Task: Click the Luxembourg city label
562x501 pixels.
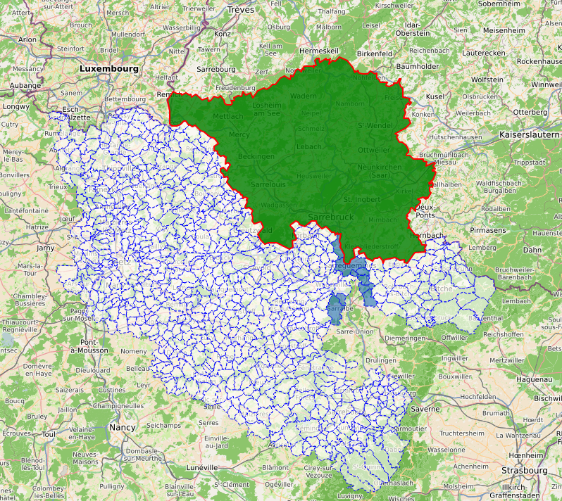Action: (x=109, y=69)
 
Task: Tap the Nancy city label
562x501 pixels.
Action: (x=123, y=427)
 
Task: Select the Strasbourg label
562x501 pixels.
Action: (x=524, y=470)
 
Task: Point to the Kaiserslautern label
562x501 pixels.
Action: (x=529, y=134)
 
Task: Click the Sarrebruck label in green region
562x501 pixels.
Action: (x=331, y=217)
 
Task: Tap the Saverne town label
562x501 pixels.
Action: (x=425, y=408)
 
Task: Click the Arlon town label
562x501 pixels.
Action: (x=27, y=39)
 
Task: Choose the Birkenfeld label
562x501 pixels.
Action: (x=374, y=53)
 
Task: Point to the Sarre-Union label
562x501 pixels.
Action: (x=354, y=331)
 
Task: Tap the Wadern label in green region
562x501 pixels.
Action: (x=304, y=96)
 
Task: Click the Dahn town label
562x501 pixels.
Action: (x=532, y=249)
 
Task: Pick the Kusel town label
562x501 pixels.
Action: (x=435, y=96)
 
